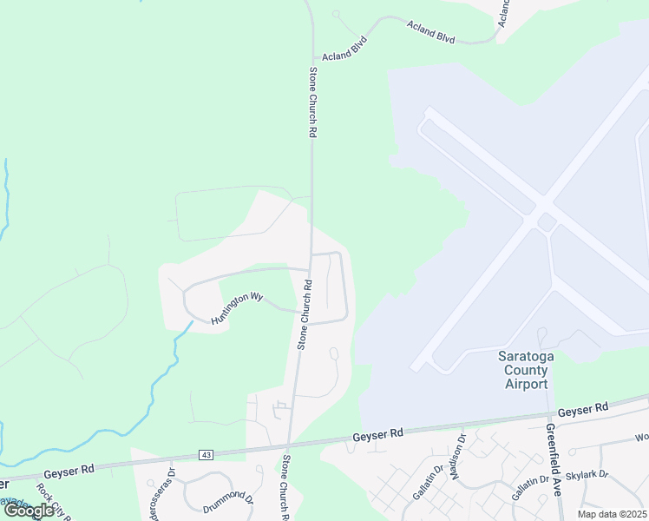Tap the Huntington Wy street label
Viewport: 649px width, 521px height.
point(236,308)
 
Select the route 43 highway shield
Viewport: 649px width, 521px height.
point(206,454)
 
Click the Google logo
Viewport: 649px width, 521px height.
point(29,511)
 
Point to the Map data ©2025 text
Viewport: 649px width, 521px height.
point(611,514)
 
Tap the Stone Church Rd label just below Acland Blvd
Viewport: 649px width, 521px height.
point(312,102)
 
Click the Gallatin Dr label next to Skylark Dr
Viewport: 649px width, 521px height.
point(529,488)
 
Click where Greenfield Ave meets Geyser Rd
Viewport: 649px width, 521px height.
point(549,412)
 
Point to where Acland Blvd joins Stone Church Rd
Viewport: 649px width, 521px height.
point(311,63)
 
